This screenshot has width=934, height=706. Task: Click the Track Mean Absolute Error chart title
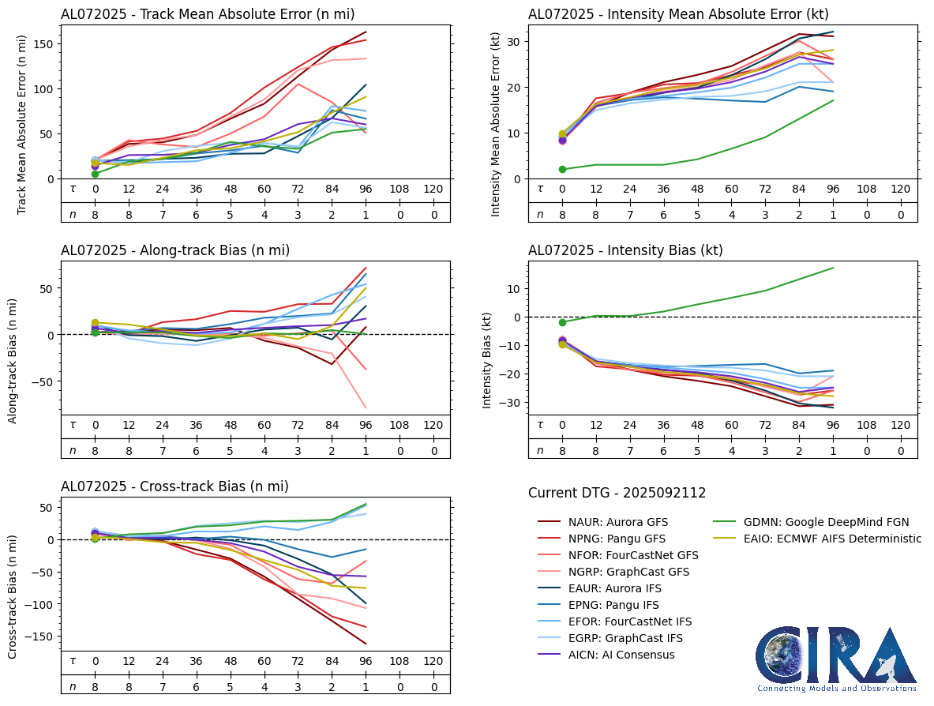[208, 13]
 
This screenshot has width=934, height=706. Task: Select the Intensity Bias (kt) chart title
[625, 250]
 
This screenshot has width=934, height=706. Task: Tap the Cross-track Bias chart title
[174, 487]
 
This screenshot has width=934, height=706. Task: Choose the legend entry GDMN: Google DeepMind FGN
[815, 522]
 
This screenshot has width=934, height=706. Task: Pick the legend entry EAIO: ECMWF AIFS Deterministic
[821, 539]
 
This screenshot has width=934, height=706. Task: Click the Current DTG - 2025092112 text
[617, 493]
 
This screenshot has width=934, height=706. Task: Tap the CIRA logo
[837, 659]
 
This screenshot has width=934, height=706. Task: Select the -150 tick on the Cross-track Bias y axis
[39, 637]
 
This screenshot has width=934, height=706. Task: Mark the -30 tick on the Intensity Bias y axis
[512, 403]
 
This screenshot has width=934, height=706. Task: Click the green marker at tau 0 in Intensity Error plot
[562, 169]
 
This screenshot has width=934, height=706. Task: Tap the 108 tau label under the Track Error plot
[400, 190]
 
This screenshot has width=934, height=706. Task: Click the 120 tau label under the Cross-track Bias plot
[433, 661]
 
